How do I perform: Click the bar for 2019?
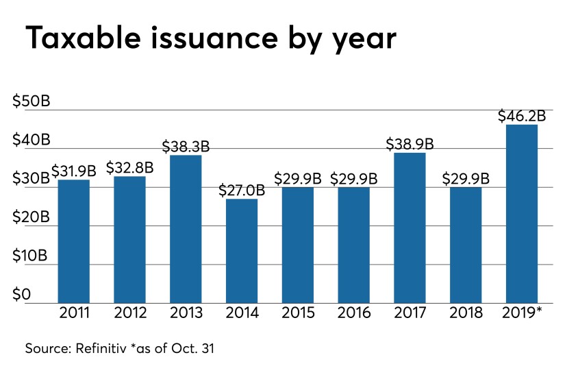tap(522, 213)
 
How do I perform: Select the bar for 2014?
tap(242, 251)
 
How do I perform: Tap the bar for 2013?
tap(186, 229)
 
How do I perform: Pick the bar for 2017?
tap(410, 228)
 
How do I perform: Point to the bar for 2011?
tap(74, 241)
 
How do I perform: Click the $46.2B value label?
tap(522, 114)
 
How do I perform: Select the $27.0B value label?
tap(242, 189)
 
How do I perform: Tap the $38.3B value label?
tap(186, 146)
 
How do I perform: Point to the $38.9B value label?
tap(410, 143)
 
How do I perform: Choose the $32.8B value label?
tap(129, 167)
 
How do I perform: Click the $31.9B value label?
tap(74, 169)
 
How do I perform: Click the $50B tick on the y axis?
tap(32, 101)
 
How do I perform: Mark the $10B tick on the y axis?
tap(31, 256)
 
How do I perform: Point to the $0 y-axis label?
tap(22, 295)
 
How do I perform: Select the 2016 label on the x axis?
tap(354, 313)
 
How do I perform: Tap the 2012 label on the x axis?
tap(129, 313)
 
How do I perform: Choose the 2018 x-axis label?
tap(466, 313)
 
